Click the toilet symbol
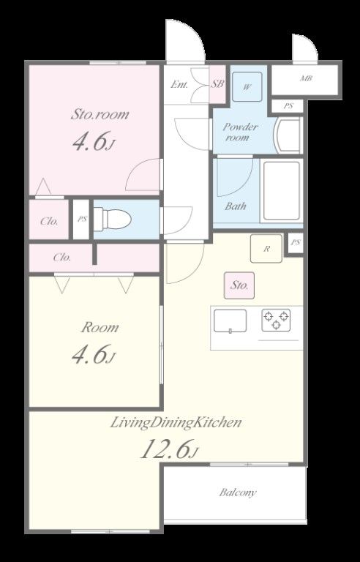tap(112, 218)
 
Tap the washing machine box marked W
tap(247, 87)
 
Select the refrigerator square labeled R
tap(266, 248)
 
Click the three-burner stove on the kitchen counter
tap(276, 320)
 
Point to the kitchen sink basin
tap(230, 321)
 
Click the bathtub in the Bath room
tap(282, 190)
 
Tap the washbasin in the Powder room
tap(288, 136)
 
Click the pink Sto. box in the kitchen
tap(239, 285)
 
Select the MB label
tap(306, 78)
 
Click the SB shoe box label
tap(217, 84)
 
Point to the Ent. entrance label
tap(179, 85)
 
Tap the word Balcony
tap(238, 492)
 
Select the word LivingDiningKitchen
tap(176, 423)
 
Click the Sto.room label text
tap(100, 115)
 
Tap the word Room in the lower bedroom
tap(100, 328)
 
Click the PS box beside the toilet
tap(82, 219)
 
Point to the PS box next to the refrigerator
tap(295, 243)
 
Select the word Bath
tap(236, 206)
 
